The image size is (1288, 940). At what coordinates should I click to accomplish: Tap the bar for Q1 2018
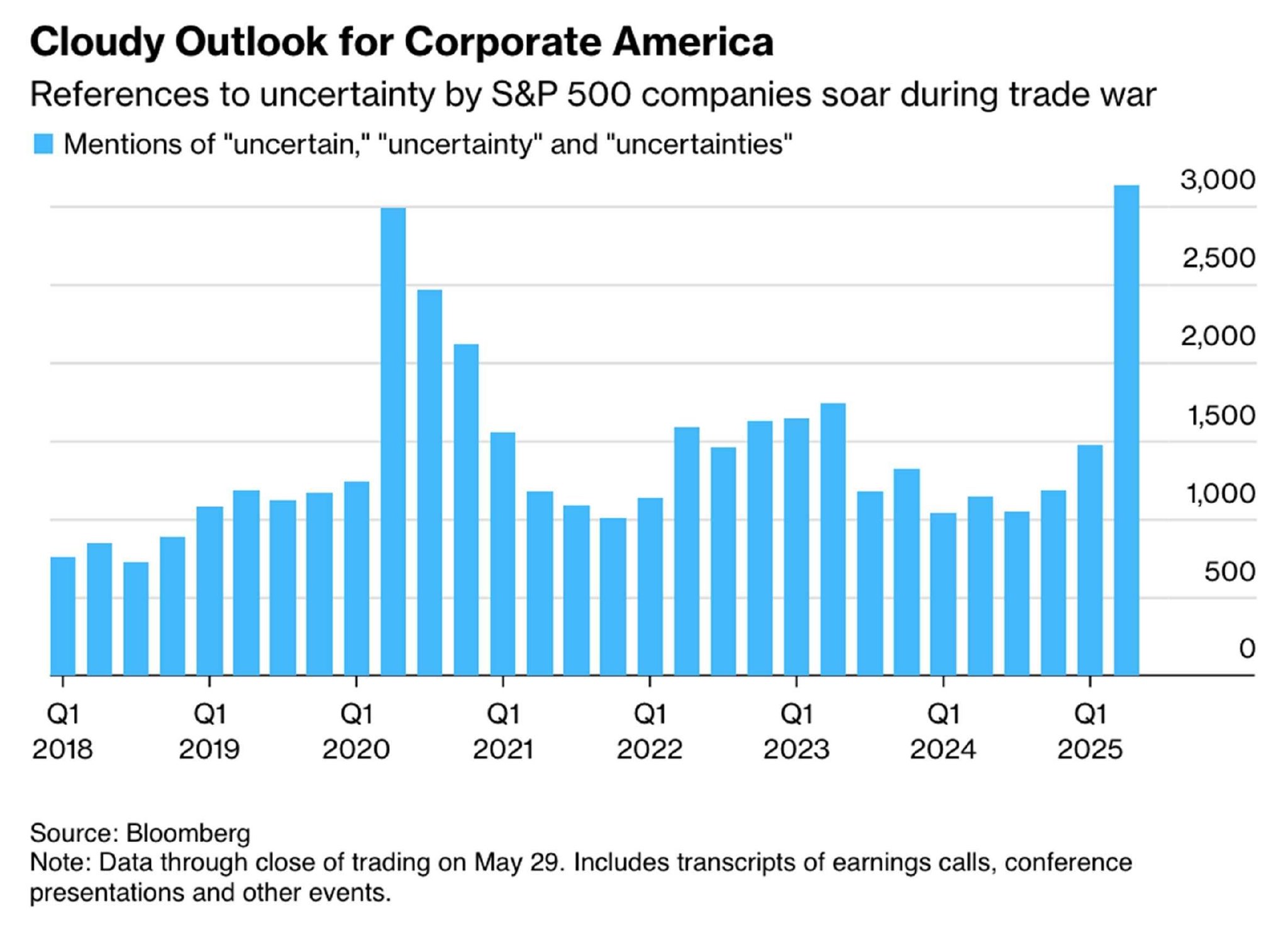(x=63, y=616)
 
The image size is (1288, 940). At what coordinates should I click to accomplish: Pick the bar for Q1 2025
(x=1090, y=560)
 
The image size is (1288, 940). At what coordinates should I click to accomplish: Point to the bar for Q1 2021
(x=503, y=553)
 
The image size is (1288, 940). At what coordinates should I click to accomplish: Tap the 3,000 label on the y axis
(x=1218, y=180)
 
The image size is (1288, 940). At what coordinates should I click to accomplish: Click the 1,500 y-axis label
(x=1221, y=416)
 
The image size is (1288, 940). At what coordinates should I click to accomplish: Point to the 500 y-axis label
(x=1230, y=572)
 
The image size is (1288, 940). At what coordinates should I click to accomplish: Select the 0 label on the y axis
(x=1246, y=648)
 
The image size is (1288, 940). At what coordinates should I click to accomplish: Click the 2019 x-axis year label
(x=209, y=749)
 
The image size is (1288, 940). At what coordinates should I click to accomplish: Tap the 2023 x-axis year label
(x=796, y=749)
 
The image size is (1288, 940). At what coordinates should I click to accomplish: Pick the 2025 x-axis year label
(x=1089, y=749)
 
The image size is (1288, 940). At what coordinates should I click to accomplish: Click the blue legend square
(x=43, y=144)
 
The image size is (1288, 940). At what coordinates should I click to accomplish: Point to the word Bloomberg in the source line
(x=188, y=833)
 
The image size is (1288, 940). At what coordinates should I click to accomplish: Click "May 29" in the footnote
(x=516, y=863)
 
